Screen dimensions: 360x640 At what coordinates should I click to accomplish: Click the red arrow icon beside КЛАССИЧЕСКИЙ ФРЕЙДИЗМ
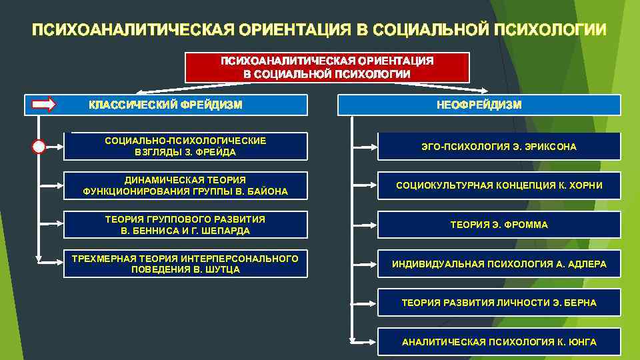point(45,104)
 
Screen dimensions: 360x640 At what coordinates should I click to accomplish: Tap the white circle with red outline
point(39,147)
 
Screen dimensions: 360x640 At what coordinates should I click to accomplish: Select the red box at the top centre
point(327,67)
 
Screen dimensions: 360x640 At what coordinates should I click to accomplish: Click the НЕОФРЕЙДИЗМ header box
point(479,105)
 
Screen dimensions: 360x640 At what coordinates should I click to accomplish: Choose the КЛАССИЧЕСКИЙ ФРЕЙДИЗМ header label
point(165,105)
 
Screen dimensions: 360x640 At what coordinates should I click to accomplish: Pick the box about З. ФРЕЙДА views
point(185,147)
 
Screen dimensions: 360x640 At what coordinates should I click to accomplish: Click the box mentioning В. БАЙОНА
point(185,186)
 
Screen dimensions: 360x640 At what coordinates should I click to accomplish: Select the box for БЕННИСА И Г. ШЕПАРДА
point(185,225)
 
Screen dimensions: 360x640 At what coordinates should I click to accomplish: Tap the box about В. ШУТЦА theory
point(185,264)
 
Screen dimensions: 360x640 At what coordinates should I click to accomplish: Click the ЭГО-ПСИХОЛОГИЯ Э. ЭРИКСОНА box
point(499,147)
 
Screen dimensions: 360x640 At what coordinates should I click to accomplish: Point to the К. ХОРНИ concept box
point(499,186)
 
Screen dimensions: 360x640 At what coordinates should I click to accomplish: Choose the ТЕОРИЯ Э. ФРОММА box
point(499,225)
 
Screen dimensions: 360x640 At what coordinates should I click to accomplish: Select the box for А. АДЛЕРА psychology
point(499,264)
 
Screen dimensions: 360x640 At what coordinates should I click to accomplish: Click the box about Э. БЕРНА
point(499,303)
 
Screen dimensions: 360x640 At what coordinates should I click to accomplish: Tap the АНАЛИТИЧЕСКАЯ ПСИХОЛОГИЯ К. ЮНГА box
point(499,342)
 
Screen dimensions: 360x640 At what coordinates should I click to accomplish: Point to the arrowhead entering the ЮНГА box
point(373,342)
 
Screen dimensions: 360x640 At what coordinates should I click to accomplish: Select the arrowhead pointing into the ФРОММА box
point(373,225)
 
